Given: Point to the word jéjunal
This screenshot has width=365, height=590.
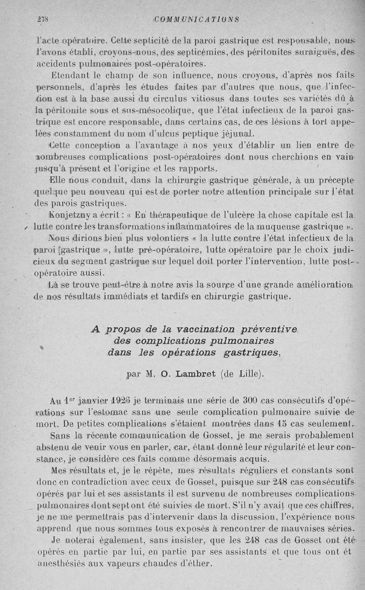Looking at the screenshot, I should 237,134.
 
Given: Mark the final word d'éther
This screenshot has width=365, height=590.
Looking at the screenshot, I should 197,563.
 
